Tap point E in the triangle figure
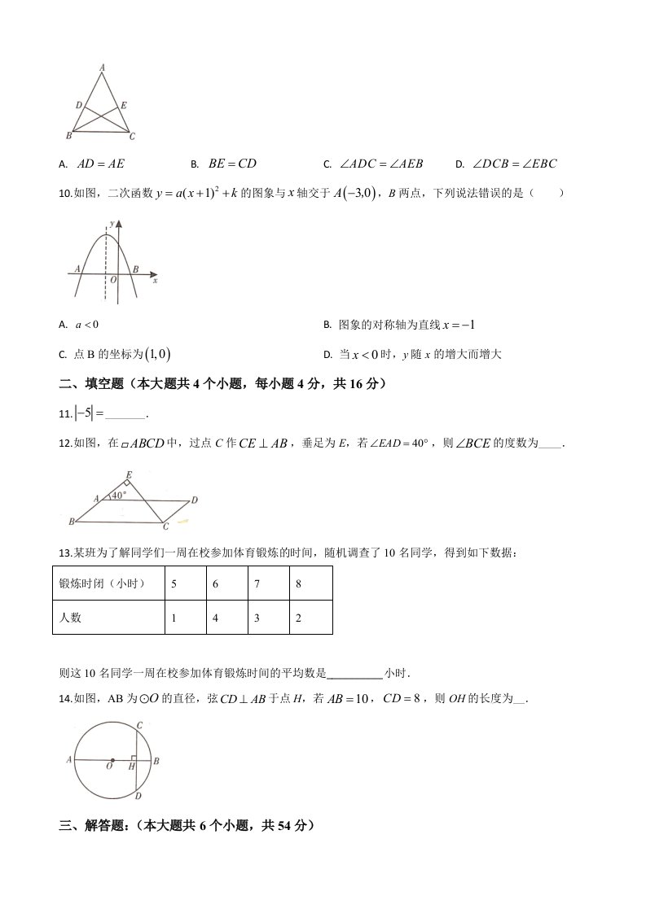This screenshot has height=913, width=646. [123, 106]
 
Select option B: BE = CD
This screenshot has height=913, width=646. [231, 164]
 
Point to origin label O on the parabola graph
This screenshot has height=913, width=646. [113, 279]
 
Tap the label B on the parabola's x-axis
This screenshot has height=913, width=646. [135, 269]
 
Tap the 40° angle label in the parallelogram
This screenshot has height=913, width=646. [119, 495]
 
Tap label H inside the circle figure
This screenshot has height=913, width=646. [130, 766]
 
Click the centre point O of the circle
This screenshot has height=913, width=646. [112, 760]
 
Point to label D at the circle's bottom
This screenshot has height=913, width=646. [138, 797]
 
